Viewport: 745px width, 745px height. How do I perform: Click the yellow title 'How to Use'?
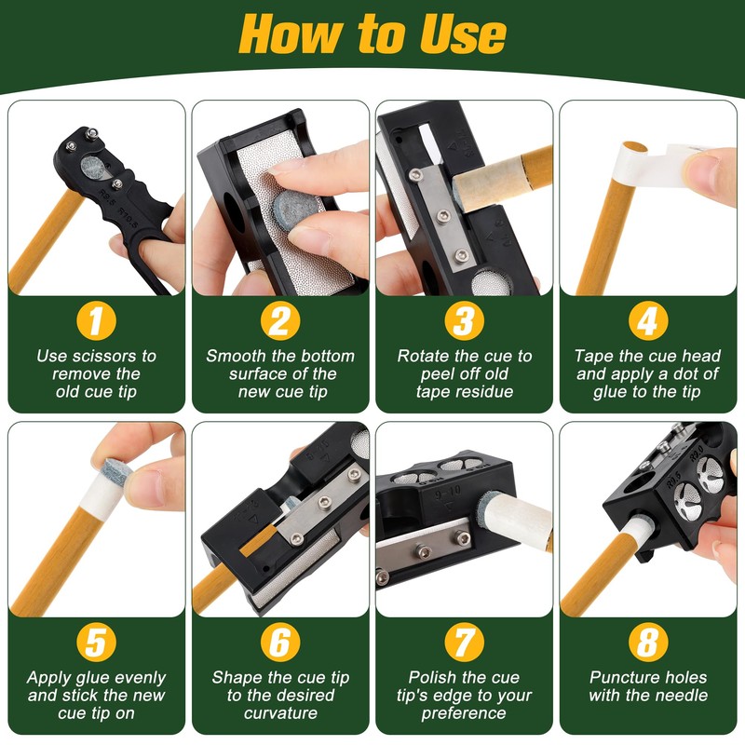(x=372, y=34)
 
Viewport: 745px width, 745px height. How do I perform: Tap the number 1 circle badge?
(x=97, y=321)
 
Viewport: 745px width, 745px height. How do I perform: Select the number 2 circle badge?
(x=280, y=321)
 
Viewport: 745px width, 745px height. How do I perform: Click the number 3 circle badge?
(x=464, y=321)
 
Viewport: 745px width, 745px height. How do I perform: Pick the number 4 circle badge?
(x=647, y=321)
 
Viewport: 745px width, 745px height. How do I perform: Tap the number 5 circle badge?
(x=97, y=643)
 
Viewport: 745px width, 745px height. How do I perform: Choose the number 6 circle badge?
(x=280, y=643)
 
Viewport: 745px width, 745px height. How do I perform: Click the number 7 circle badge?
(x=464, y=643)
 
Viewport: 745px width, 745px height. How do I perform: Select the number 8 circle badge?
(x=647, y=643)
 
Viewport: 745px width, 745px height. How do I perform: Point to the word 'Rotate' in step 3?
(x=426, y=356)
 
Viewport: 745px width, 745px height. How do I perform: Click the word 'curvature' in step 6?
(x=280, y=713)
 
